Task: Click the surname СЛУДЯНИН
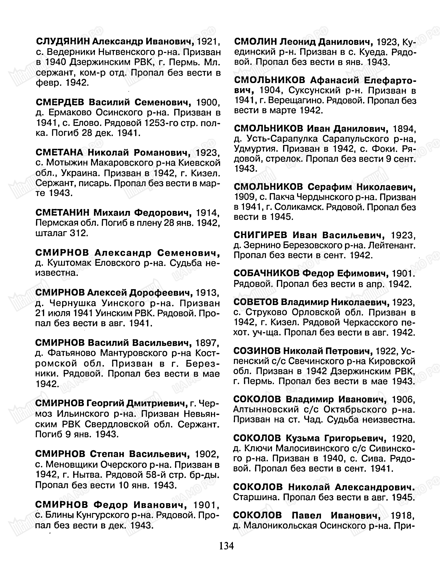pyautogui.click(x=63, y=42)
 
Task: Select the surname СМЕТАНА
pyautogui.click(x=59, y=153)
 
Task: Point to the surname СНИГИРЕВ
pyautogui.click(x=260, y=235)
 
